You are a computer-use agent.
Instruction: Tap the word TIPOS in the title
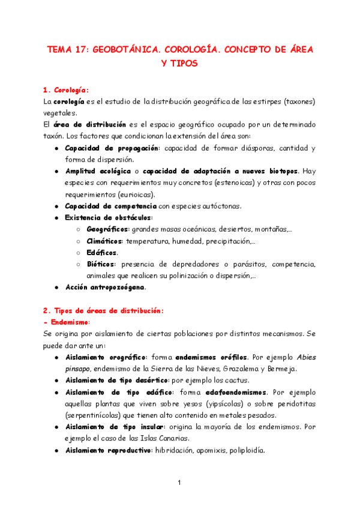pos(180,62)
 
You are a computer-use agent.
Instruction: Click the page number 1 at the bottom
pos(180,482)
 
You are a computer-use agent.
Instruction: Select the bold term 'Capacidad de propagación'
pos(112,148)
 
